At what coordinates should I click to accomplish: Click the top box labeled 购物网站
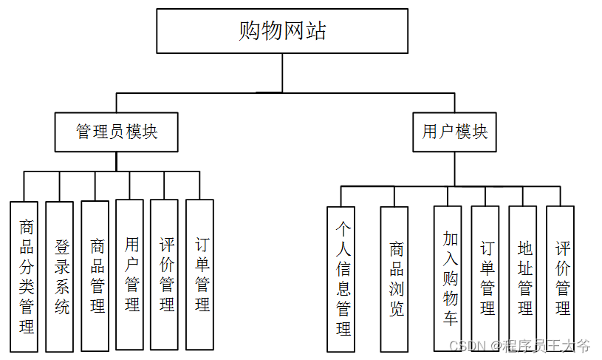282,31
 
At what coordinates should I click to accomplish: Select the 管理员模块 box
117,132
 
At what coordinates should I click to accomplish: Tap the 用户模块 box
454,132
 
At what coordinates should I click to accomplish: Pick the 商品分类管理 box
27,276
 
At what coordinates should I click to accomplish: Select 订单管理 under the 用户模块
487,278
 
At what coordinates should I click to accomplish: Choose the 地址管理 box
524,278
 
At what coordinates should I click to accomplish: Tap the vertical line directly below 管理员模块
117,161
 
